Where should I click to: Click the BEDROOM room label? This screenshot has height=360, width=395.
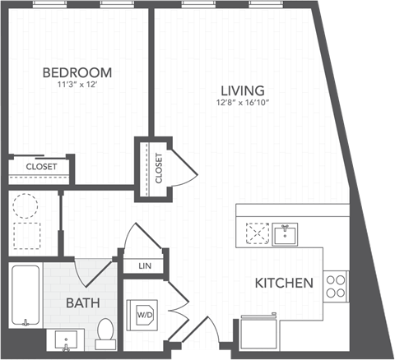[77, 72]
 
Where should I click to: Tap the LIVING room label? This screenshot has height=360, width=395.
[241, 90]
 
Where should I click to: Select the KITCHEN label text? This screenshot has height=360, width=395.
[284, 283]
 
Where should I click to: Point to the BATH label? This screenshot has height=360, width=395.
[83, 302]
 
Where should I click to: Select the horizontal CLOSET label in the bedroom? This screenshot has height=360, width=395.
[40, 167]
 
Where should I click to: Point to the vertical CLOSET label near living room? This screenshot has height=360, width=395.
[158, 168]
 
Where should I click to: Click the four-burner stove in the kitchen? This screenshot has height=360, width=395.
[336, 285]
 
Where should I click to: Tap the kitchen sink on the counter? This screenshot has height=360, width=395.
[286, 233]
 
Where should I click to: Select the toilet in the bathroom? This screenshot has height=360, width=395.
[105, 330]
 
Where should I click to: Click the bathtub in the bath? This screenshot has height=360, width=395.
[26, 297]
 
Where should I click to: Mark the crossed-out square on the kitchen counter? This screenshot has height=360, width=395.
[258, 233]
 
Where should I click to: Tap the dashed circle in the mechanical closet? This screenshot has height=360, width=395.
[26, 203]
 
